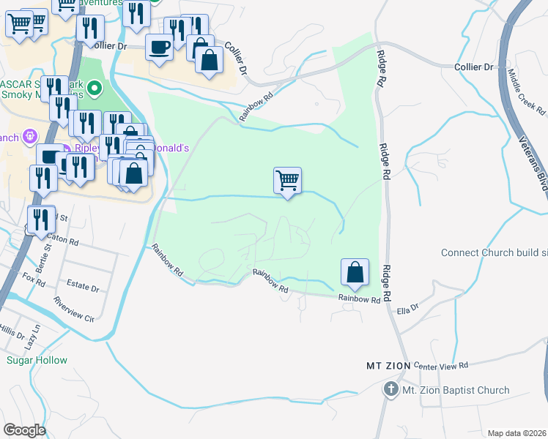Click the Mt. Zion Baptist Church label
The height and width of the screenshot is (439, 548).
[456, 390]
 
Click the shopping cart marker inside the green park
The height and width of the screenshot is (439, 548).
[288, 180]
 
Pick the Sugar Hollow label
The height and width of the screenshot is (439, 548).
[37, 360]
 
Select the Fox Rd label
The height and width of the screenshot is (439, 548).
[34, 279]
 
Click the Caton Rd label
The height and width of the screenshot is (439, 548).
[62, 239]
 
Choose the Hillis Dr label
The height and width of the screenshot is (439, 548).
[11, 331]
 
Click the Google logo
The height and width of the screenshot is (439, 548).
[24, 430]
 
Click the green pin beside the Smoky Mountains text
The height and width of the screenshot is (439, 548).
[94, 89]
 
